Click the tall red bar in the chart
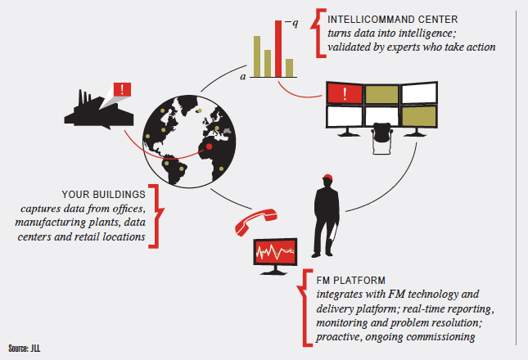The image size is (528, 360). pyautogui.click(x=278, y=47)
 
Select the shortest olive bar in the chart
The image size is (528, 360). pyautogui.click(x=290, y=65)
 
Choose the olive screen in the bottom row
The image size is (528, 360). pyautogui.click(x=417, y=116)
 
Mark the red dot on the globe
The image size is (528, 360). pyautogui.click(x=210, y=146)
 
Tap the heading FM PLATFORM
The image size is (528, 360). pyautogui.click(x=341, y=279)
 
